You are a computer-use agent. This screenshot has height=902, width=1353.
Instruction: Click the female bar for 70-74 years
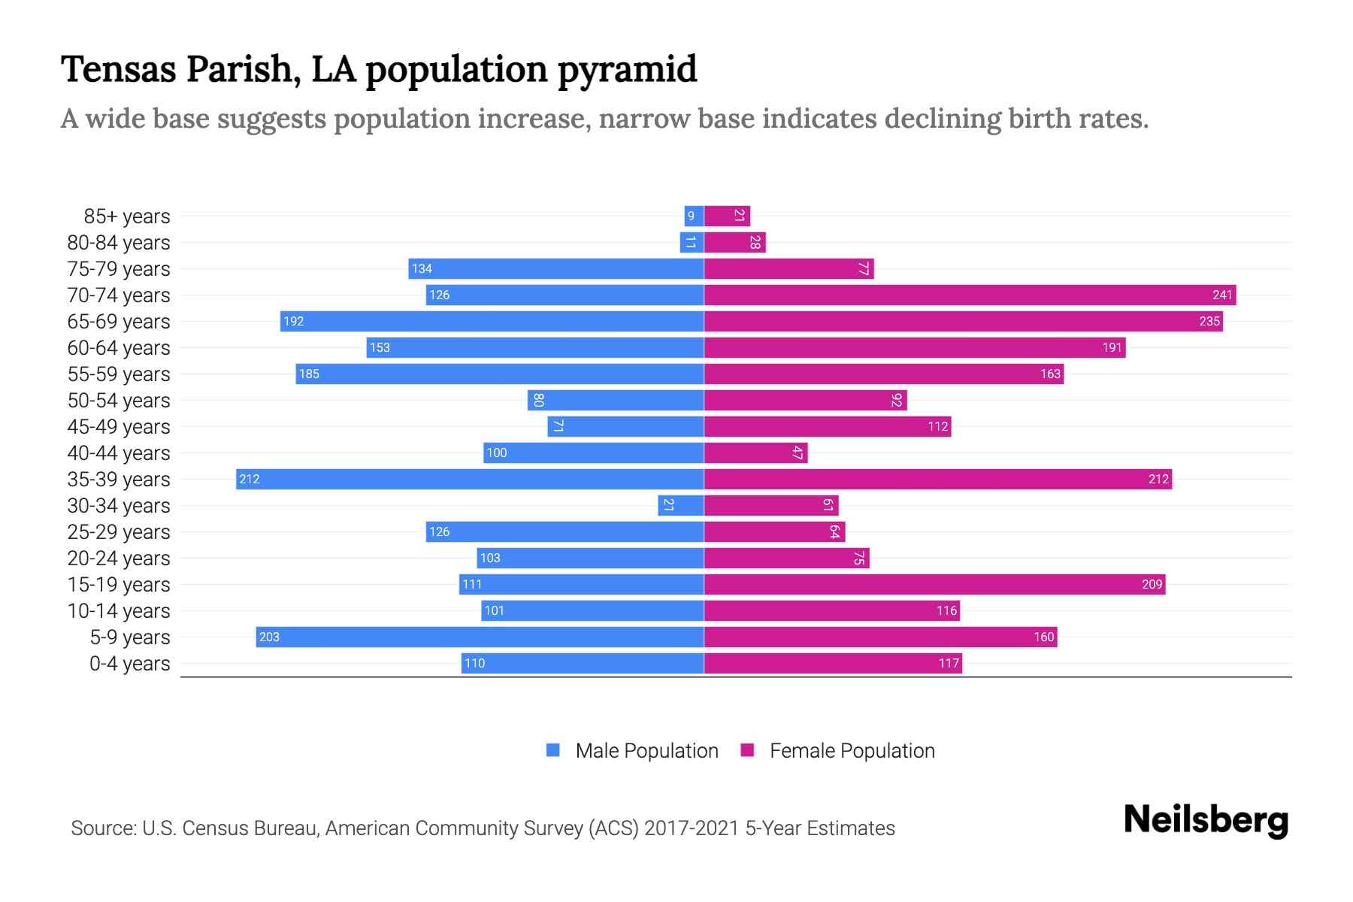970,295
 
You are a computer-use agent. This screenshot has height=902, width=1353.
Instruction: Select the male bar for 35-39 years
470,479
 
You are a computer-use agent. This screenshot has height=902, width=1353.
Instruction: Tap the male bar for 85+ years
694,216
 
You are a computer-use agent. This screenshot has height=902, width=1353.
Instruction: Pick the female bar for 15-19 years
934,584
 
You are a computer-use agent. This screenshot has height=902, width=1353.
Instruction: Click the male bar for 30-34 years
680,505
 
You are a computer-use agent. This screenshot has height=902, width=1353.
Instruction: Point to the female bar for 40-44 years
755,453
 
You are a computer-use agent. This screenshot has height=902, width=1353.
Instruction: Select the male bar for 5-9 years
480,637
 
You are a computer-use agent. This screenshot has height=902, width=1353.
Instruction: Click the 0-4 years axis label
129,664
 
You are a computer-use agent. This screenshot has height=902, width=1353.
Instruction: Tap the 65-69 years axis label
119,322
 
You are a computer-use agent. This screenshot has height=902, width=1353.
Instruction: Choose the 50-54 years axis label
119,401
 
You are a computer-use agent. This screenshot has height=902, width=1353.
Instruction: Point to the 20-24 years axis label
119,558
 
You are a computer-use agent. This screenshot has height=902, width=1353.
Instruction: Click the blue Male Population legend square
553,750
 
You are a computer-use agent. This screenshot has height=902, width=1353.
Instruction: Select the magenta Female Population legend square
747,750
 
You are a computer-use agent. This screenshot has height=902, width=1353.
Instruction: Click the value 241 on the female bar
1222,295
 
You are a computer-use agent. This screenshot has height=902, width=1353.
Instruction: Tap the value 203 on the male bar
269,637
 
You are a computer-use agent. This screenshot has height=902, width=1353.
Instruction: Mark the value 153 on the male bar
380,347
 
